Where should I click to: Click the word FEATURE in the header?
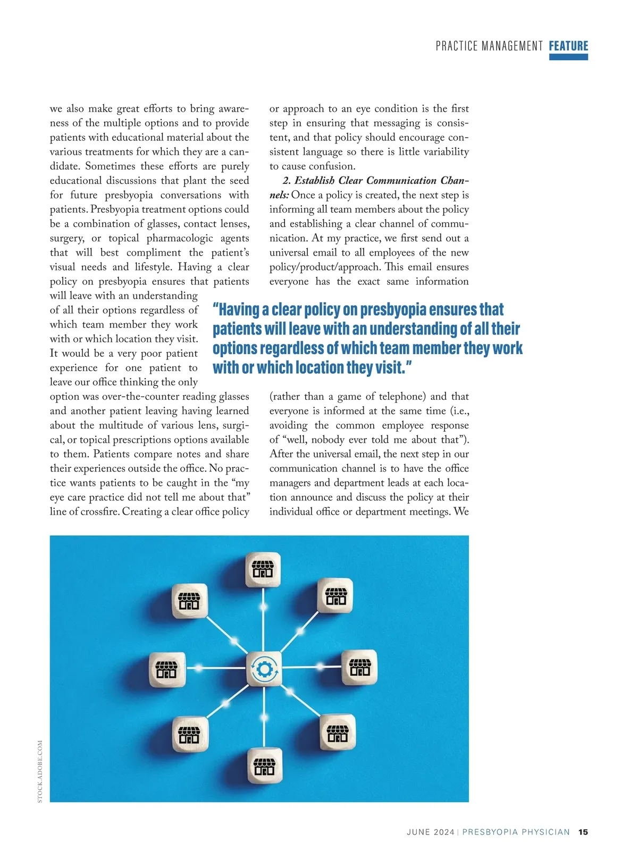tap(568, 46)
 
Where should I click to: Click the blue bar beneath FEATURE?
tap(568, 57)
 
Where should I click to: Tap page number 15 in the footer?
tap(583, 832)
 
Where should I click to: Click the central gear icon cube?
tap(264, 669)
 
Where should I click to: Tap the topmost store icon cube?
tap(263, 569)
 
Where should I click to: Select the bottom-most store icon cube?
tap(265, 766)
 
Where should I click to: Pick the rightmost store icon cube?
tap(359, 667)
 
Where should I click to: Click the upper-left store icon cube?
tap(190, 601)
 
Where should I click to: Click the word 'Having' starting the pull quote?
tap(238, 309)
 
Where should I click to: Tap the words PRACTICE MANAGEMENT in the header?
tap(489, 46)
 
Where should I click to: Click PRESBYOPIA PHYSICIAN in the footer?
tap(516, 832)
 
